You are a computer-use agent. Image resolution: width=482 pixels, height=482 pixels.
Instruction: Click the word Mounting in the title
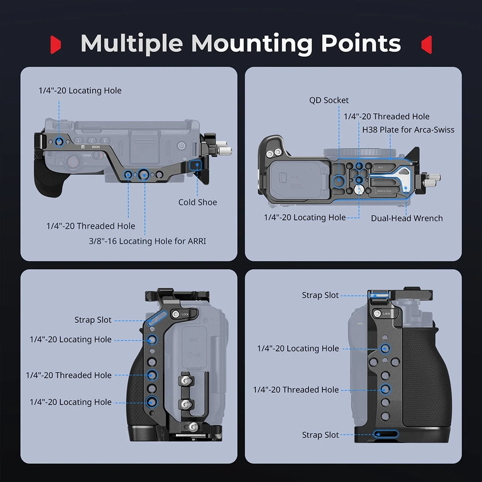pyautogui.click(x=253, y=44)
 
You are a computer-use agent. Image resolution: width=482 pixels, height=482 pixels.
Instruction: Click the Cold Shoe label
pyautogui.click(x=198, y=202)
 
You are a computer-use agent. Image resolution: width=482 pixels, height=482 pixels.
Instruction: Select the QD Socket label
pyautogui.click(x=329, y=100)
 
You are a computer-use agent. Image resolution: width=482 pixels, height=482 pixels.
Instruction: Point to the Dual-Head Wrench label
pyautogui.click(x=407, y=218)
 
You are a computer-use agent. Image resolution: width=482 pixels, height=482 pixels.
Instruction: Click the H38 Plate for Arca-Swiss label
pyautogui.click(x=408, y=130)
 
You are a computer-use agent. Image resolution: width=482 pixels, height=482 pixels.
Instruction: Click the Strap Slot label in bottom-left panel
pyautogui.click(x=93, y=320)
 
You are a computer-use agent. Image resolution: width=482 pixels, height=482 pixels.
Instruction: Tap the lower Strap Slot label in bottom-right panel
pyautogui.click(x=320, y=435)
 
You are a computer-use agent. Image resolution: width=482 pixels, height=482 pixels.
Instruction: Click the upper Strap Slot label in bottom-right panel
pyautogui.click(x=320, y=295)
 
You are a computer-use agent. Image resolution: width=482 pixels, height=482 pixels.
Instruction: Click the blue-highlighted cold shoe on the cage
pyautogui.click(x=196, y=166)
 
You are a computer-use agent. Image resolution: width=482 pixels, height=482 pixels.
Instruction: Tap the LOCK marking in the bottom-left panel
pyautogui.click(x=186, y=314)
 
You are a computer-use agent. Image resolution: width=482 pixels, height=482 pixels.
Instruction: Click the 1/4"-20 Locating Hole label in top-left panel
pyautogui.click(x=80, y=91)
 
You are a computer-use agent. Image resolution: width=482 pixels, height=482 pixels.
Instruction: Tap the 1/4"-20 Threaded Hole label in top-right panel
pyautogui.click(x=386, y=117)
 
